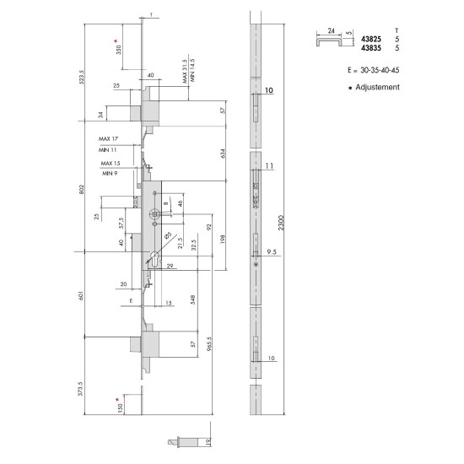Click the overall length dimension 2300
click(281, 223)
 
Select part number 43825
click(371, 39)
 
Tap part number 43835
click(371, 48)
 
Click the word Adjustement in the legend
click(377, 87)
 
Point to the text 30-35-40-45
click(380, 70)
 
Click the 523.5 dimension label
click(82, 77)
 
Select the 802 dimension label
click(82, 189)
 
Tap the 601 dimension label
click(81, 295)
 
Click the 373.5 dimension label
click(81, 389)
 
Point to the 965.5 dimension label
click(209, 344)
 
